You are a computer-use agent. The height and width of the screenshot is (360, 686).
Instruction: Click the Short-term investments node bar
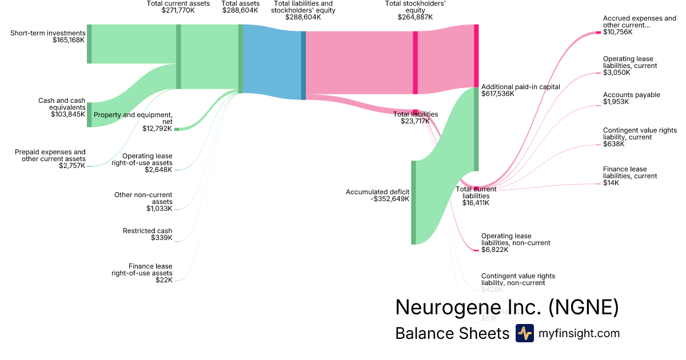pos(89,44)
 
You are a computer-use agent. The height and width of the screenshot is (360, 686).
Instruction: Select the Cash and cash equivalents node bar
pos(89,114)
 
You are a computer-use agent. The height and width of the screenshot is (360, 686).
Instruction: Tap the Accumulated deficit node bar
pos(413,202)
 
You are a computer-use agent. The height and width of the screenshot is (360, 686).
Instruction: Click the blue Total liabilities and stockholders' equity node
pos(304,65)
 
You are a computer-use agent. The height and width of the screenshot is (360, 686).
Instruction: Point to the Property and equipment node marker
pos(177,129)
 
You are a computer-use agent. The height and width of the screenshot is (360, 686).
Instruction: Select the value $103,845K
pos(67,114)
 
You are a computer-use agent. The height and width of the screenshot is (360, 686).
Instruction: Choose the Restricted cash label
pos(147,231)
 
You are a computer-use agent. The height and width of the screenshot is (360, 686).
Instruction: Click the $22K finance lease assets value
pos(163,279)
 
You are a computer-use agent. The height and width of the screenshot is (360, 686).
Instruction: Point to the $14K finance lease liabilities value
pos(611,183)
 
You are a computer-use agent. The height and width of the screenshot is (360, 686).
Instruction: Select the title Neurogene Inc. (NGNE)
pos(507,307)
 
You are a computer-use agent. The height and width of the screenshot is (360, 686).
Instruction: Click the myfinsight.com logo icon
pos(524,333)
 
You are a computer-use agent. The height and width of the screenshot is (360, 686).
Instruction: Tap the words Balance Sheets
pos(452,333)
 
